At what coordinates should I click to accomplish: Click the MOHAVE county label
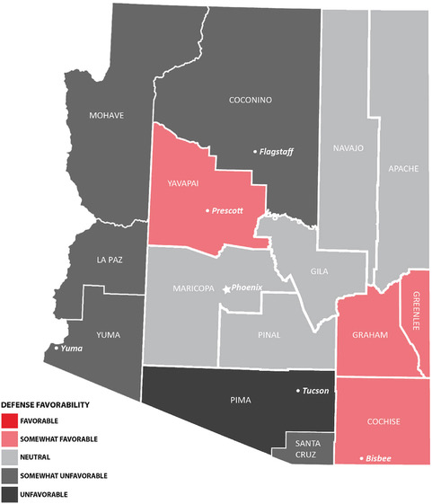(x=105, y=116)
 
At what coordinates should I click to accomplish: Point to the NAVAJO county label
(x=348, y=147)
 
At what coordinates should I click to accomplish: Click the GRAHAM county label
(x=371, y=334)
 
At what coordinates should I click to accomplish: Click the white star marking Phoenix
(x=225, y=289)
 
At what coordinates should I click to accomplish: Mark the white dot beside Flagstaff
(x=254, y=152)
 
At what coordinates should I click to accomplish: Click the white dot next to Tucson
(x=298, y=391)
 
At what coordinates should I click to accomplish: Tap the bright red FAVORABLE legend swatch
(x=10, y=420)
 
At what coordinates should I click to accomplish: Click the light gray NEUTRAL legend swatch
(x=10, y=457)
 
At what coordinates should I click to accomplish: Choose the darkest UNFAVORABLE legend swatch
(x=10, y=494)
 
